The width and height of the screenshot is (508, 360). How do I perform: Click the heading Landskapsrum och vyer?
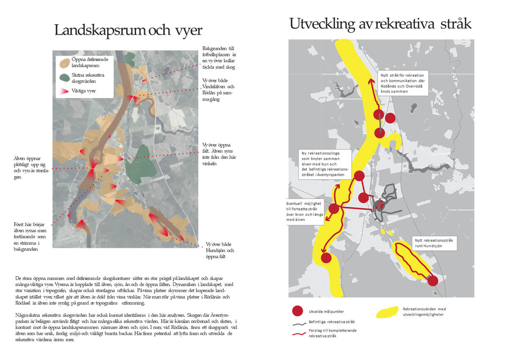[128, 31]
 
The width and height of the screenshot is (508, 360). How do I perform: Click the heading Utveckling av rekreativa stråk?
[380, 24]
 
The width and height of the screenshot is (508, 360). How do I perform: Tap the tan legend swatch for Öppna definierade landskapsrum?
[65, 63]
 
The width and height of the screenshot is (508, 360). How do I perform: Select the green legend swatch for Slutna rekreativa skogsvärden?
[65, 78]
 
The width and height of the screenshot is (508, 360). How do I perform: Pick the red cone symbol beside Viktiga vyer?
[65, 91]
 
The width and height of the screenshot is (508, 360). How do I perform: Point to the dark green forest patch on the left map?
[142, 165]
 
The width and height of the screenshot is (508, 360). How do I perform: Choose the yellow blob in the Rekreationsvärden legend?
[387, 312]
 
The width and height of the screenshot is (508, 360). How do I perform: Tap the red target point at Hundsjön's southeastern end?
[433, 281]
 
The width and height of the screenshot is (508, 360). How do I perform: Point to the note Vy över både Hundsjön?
[220, 250]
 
